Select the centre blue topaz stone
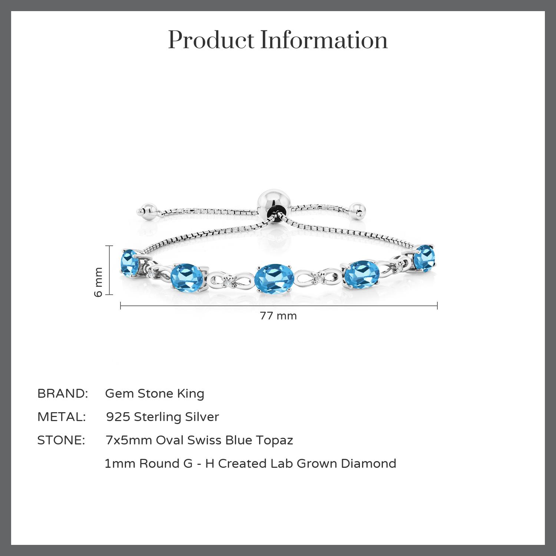[x=274, y=279]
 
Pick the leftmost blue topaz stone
[x=130, y=263]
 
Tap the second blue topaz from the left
[x=187, y=277]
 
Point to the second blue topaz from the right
[x=361, y=275]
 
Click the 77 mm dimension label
[x=278, y=316]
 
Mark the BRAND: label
[x=63, y=394]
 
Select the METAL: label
[x=62, y=417]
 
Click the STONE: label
[x=61, y=440]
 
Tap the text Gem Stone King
[x=155, y=394]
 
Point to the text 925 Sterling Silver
[x=162, y=417]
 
